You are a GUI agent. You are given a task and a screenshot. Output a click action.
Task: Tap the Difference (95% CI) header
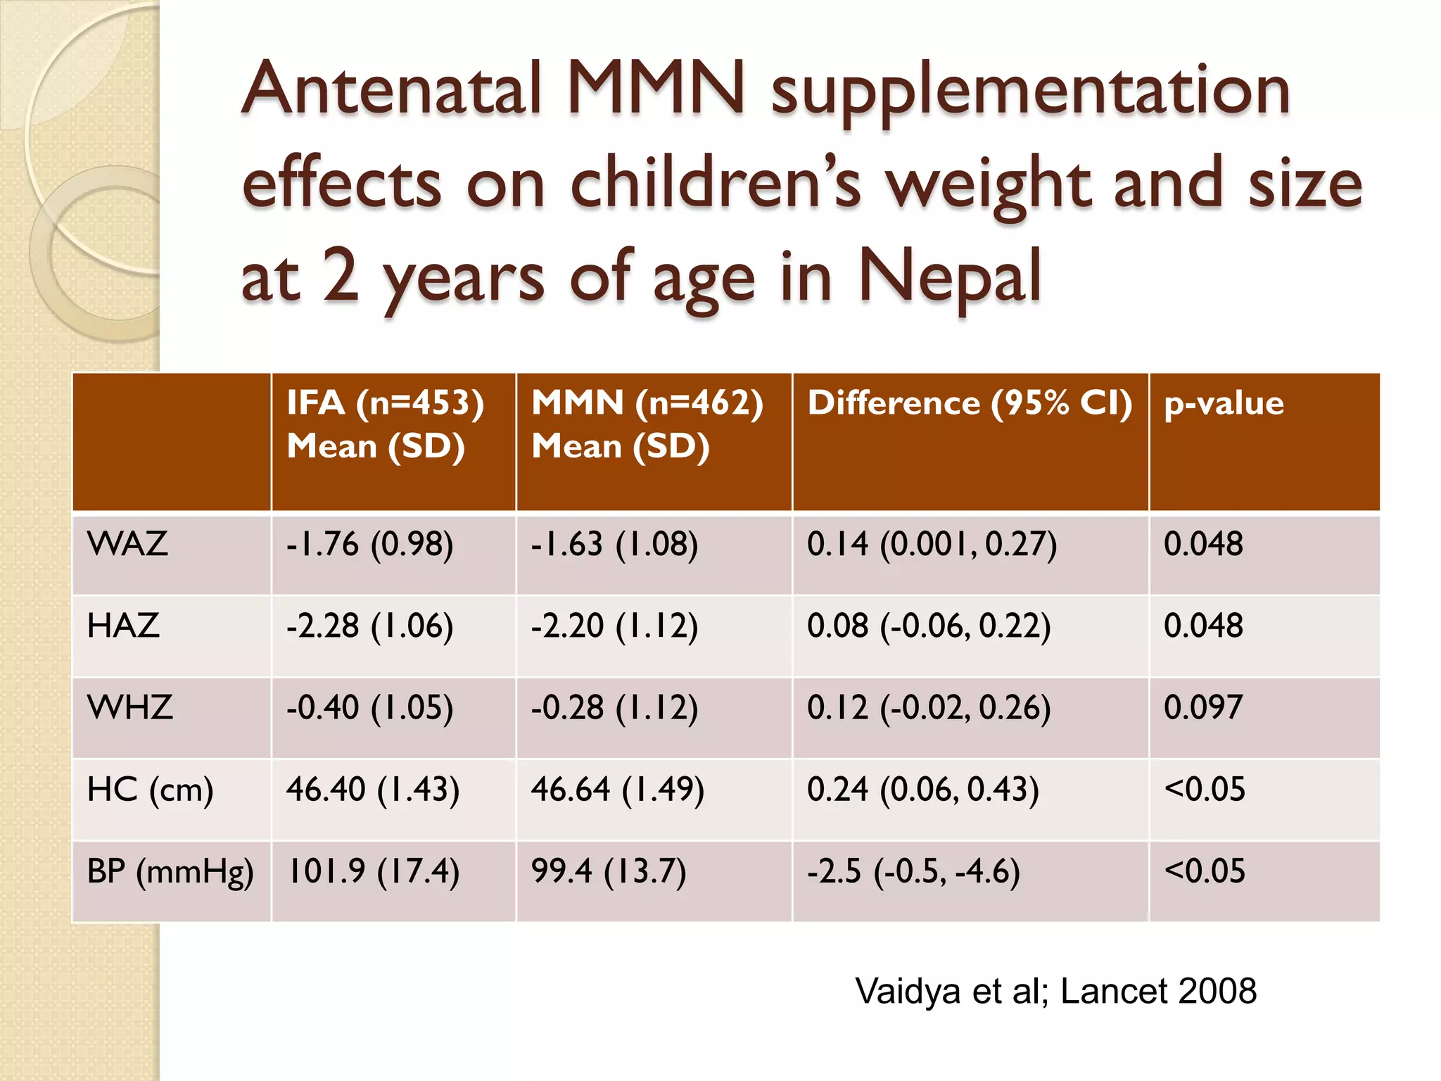(970, 403)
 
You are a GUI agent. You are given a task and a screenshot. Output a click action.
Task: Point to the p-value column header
(1224, 403)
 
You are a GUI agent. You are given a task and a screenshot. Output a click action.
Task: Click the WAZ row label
(127, 544)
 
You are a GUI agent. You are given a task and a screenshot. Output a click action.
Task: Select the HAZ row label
(123, 626)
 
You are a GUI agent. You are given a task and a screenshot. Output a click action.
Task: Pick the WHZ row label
(129, 707)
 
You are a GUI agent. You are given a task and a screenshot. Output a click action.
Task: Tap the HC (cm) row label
(150, 790)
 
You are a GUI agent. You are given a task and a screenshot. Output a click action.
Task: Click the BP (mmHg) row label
(170, 872)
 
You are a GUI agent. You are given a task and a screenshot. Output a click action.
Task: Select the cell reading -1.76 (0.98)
(369, 545)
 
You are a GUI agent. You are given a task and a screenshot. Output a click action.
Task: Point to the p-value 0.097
(1203, 707)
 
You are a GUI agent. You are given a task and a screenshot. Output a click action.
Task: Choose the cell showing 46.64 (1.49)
(617, 790)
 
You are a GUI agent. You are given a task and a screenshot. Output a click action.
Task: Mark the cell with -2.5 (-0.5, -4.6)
(913, 872)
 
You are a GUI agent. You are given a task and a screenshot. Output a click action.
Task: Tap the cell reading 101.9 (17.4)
(373, 872)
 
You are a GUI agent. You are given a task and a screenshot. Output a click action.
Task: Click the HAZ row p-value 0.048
(1203, 626)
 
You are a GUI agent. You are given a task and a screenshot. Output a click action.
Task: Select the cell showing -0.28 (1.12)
(614, 707)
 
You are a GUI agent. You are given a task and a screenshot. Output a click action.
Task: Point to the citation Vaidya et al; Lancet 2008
(1055, 991)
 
